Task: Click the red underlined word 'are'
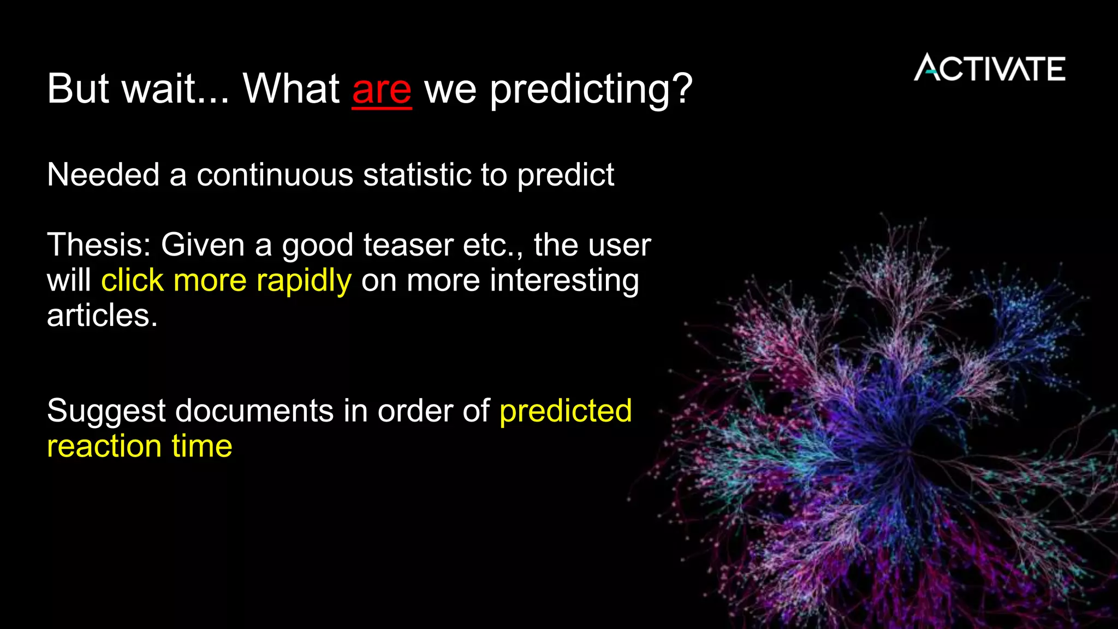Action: click(x=382, y=89)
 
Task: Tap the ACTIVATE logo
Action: click(x=989, y=68)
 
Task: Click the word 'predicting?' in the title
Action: click(x=591, y=89)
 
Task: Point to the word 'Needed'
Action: click(x=103, y=175)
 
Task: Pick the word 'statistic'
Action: click(x=417, y=175)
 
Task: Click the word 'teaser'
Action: click(x=408, y=245)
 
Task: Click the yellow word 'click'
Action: click(x=132, y=281)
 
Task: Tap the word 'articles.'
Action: click(x=102, y=316)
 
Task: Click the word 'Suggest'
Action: click(x=106, y=412)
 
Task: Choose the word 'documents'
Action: click(x=254, y=411)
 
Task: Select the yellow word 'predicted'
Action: click(x=566, y=412)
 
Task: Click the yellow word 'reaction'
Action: click(x=104, y=446)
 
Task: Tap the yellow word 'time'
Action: click(x=202, y=446)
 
